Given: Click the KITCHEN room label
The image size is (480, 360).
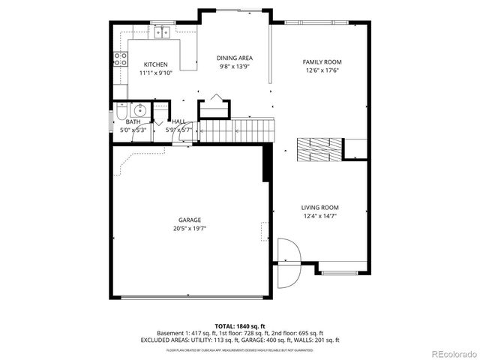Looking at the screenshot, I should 156,64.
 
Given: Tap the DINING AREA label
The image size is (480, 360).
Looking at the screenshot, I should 235,58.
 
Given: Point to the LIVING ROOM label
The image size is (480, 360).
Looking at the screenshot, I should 320,208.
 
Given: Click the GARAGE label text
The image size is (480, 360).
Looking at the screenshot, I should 189,220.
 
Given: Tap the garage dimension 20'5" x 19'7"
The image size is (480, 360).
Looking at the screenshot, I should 189,228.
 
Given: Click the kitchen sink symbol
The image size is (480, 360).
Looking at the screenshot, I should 160,31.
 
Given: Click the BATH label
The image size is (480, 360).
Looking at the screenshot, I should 133,121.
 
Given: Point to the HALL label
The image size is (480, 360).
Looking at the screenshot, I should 178,121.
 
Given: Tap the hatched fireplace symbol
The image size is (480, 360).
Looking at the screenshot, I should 312,148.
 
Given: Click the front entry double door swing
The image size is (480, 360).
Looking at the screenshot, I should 285,262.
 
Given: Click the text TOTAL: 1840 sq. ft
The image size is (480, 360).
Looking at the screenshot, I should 239,325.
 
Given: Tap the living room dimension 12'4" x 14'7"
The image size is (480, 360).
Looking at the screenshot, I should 320,216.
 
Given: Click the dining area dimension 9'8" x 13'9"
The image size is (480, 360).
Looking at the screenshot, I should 235,66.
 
